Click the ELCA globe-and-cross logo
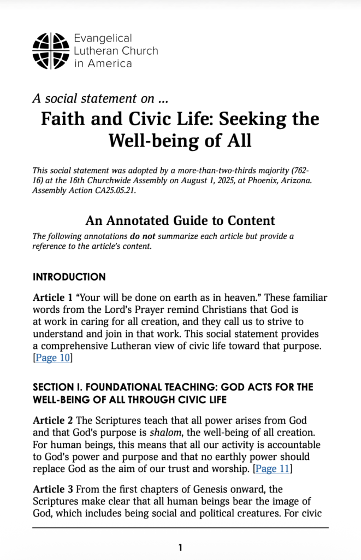pyautogui.click(x=51, y=51)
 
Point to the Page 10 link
pyautogui.click(x=53, y=358)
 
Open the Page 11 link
pyautogui.click(x=274, y=468)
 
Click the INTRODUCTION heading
pyautogui.click(x=69, y=277)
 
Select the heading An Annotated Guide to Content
pyautogui.click(x=180, y=220)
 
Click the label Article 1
pyautogui.click(x=53, y=297)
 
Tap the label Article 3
pyautogui.click(x=53, y=489)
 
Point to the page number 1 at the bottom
pyautogui.click(x=180, y=547)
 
